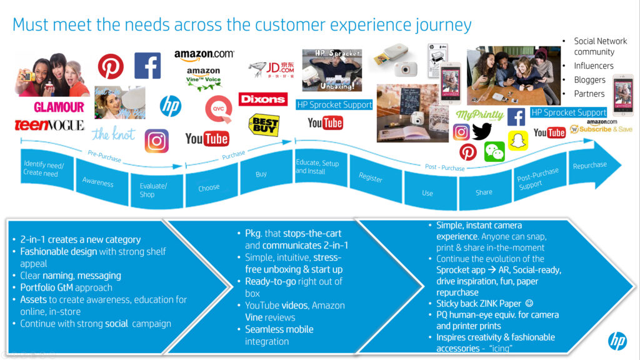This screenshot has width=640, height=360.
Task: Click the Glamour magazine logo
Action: coord(59,107)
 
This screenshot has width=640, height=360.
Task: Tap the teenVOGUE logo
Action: coord(49,125)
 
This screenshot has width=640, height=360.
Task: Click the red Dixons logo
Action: coord(262,99)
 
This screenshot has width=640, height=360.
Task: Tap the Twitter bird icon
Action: coord(482,131)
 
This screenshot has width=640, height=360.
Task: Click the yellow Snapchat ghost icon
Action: coord(517,140)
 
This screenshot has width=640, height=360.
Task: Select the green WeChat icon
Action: coord(494,151)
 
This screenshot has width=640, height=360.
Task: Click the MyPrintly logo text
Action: coord(480,114)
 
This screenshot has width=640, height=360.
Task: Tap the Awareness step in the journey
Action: coord(98,182)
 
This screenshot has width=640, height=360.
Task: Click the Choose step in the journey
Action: coord(209,187)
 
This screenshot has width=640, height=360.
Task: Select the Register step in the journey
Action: coord(371,178)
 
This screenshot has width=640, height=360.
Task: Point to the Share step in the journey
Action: coord(484,192)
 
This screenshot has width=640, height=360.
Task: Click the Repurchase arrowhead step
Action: coord(590,165)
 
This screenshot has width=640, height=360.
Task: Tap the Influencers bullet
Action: coord(594,66)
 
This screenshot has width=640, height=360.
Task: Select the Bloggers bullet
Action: coord(590,79)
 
